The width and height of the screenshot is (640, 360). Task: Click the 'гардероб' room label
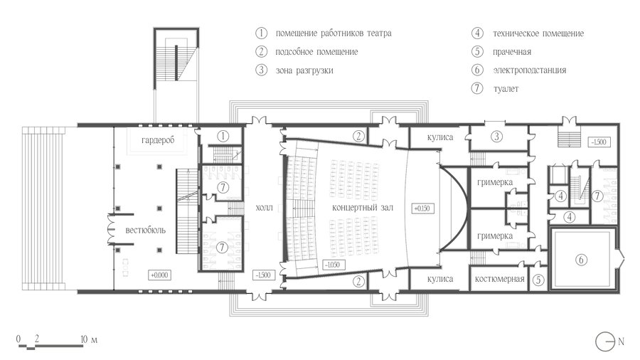(158, 140)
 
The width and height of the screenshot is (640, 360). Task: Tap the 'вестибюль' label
(145, 231)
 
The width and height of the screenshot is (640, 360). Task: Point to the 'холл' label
(264, 208)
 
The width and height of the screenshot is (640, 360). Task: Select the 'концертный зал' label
(363, 208)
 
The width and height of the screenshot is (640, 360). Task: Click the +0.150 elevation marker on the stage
(422, 208)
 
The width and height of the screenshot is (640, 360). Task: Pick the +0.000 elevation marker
(159, 275)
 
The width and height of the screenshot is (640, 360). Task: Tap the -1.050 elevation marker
(333, 265)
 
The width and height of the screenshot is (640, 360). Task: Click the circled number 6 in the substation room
(581, 260)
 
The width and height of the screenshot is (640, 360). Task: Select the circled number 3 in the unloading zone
(496, 137)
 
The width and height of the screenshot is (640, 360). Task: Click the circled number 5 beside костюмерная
(538, 280)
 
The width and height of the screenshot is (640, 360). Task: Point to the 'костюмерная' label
(500, 279)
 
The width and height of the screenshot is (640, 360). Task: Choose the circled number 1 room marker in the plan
(223, 136)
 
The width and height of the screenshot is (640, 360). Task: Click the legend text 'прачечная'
(512, 52)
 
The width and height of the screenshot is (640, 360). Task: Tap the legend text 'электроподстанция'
(529, 70)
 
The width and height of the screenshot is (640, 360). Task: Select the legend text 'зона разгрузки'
(304, 70)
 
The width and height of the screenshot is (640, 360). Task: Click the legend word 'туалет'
(506, 88)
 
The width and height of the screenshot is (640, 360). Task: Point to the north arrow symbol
(605, 342)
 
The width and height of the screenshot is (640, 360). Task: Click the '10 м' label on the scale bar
(89, 339)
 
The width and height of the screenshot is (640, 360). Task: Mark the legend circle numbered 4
(477, 33)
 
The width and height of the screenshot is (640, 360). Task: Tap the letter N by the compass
(621, 342)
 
